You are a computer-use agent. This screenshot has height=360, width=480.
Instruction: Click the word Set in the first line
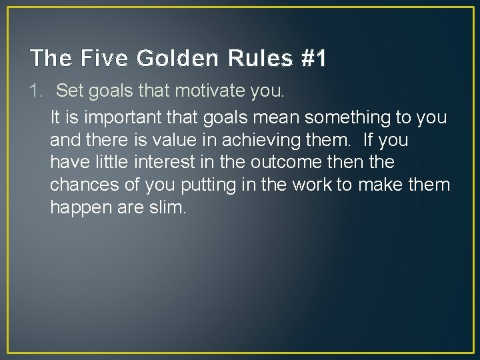click(x=69, y=90)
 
